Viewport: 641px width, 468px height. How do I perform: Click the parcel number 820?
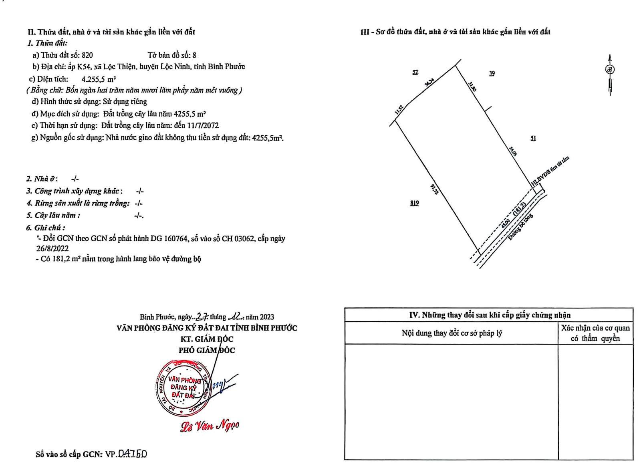pyautogui.click(x=87, y=55)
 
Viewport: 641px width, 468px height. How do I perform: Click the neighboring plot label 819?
pyautogui.click(x=414, y=203)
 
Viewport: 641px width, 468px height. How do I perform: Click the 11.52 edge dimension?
pyautogui.click(x=399, y=109)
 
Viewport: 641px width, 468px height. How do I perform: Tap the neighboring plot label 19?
pyautogui.click(x=492, y=73)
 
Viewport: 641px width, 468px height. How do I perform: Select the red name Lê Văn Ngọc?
pyautogui.click(x=210, y=426)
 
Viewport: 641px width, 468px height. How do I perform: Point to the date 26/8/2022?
pyautogui.click(x=52, y=248)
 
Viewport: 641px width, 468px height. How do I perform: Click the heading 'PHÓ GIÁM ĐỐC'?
pyautogui.click(x=207, y=350)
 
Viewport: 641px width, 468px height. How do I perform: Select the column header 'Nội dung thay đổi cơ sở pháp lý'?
pyautogui.click(x=452, y=333)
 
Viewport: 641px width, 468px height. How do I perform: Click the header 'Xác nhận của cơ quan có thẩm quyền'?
pyautogui.click(x=595, y=333)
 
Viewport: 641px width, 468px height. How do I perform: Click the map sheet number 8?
pyautogui.click(x=194, y=55)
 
